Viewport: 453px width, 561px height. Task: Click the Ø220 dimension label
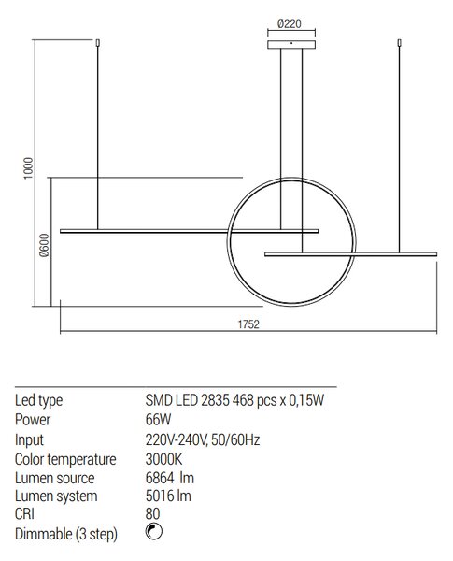(x=290, y=23)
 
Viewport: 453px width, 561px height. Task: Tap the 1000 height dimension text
(x=28, y=168)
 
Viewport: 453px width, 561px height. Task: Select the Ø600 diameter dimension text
(x=44, y=245)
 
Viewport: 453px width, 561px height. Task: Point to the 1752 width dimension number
(x=248, y=324)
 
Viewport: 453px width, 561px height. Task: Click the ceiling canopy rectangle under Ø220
(x=291, y=44)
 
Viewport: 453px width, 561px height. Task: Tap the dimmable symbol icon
(x=154, y=532)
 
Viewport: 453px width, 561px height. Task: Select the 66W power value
(x=158, y=419)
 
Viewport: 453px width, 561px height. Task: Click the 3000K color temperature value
(x=163, y=459)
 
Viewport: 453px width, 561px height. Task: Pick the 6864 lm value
(x=170, y=478)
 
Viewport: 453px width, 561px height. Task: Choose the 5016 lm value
(x=168, y=496)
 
